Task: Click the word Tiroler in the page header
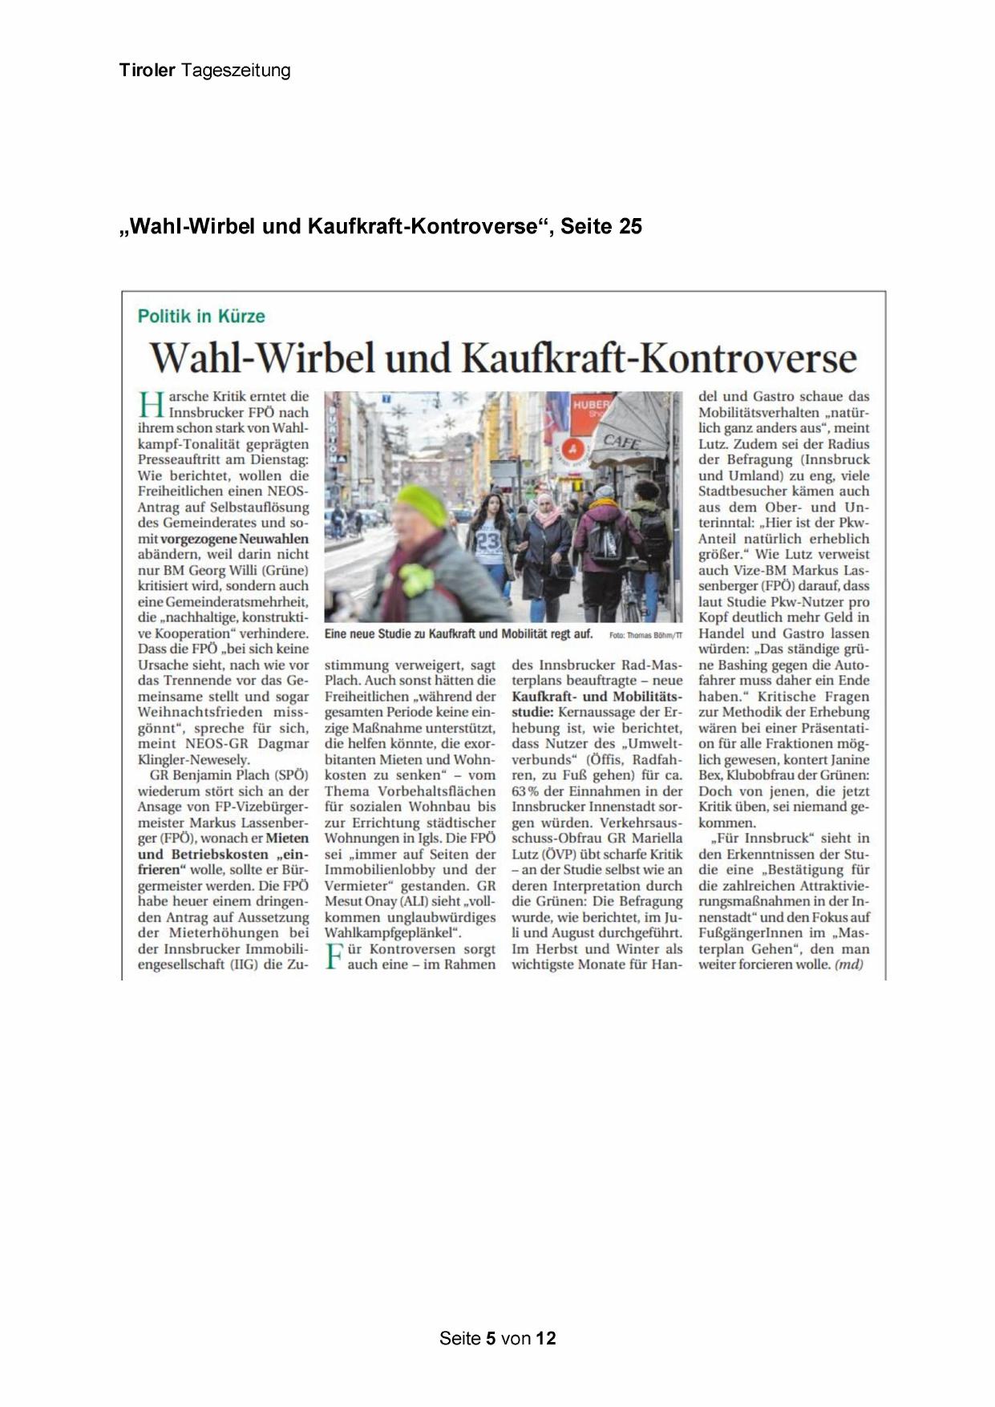[x=147, y=71]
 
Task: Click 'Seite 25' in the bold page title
[x=601, y=227]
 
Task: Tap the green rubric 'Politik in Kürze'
[x=201, y=316]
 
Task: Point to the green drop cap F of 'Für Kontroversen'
[x=334, y=957]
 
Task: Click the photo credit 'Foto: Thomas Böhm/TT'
[x=645, y=635]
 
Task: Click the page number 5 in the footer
[x=491, y=1337]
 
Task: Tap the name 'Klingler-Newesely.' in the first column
[x=193, y=759]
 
